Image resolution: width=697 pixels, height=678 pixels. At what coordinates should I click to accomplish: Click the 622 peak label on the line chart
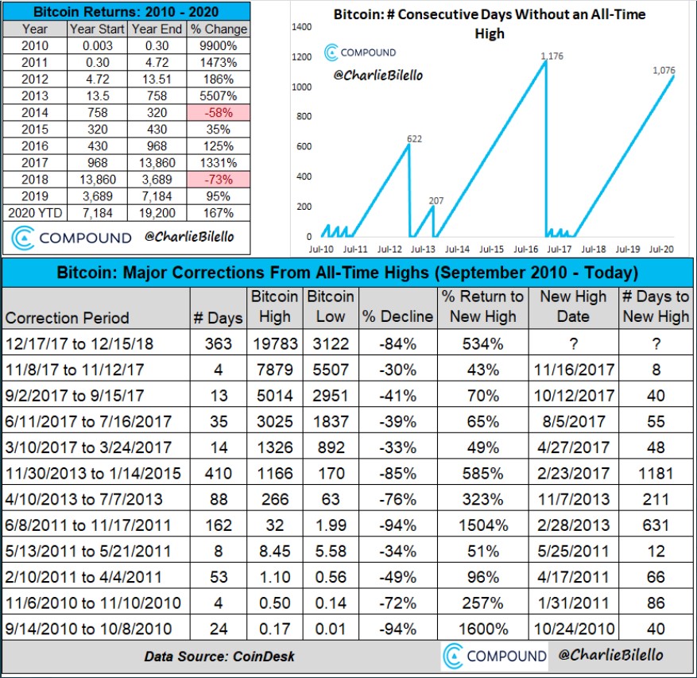point(414,139)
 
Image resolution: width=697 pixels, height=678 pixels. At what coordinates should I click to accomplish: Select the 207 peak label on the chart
point(436,200)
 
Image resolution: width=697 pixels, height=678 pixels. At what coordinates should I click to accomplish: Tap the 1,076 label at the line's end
point(663,71)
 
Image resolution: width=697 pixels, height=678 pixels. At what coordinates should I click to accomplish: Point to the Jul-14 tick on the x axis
point(456,249)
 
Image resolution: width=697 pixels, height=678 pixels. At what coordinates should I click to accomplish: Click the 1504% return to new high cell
point(483,525)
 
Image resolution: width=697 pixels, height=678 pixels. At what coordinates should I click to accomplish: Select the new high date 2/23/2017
point(573,473)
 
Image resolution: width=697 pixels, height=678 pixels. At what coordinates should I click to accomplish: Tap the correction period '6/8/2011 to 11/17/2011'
point(83,525)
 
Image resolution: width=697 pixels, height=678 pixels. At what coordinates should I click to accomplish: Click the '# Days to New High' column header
point(656,306)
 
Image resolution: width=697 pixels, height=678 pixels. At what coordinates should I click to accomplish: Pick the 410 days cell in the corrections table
point(219,473)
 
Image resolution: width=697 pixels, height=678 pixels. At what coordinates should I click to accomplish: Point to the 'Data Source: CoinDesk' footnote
point(207,657)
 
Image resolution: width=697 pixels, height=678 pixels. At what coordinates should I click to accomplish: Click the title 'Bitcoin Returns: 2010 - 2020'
point(126,12)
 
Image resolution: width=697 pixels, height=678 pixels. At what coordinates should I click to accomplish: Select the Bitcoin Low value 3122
point(331,343)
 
